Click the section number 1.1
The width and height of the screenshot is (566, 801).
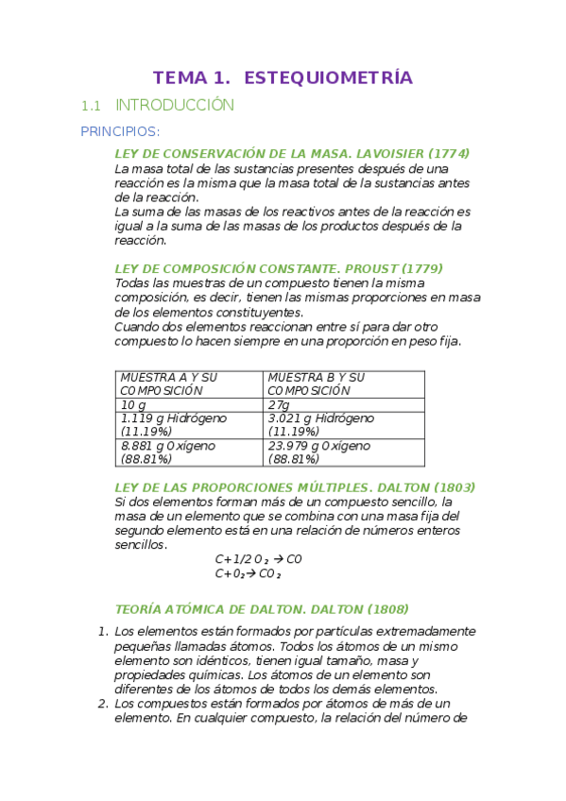pyautogui.click(x=91, y=106)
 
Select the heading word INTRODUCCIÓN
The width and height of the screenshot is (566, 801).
pyautogui.click(x=174, y=106)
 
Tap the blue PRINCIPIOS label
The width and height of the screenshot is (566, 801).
pyautogui.click(x=120, y=130)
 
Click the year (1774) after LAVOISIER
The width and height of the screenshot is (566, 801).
pyautogui.click(x=449, y=153)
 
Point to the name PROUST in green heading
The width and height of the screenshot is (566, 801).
pyautogui.click(x=367, y=268)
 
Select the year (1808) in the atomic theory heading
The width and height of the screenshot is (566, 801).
pyautogui.click(x=387, y=609)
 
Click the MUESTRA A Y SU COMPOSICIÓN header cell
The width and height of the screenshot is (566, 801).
pyautogui.click(x=188, y=383)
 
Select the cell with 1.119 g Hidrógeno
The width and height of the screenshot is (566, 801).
pyautogui.click(x=188, y=424)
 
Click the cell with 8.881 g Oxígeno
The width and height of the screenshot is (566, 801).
pyautogui.click(x=188, y=452)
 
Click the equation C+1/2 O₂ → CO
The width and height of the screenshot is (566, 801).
pyautogui.click(x=258, y=559)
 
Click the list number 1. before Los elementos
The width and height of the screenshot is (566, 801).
pyautogui.click(x=104, y=631)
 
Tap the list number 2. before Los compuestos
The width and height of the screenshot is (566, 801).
pyautogui.click(x=104, y=703)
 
